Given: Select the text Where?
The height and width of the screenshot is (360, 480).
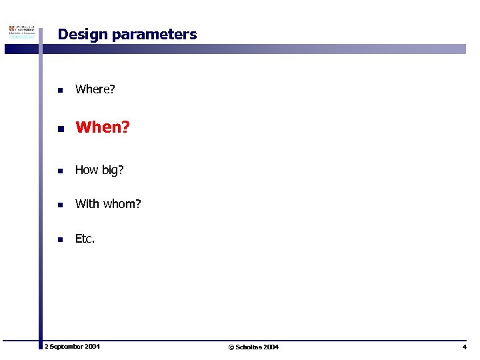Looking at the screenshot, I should (95, 89).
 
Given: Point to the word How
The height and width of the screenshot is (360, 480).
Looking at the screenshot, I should (87, 170).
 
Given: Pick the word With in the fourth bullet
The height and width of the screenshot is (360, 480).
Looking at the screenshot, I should (87, 204).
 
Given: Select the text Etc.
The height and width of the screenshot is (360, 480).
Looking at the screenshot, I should (85, 239).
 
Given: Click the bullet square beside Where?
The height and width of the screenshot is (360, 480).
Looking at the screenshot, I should (59, 90).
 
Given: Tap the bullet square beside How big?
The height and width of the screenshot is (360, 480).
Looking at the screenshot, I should (59, 171).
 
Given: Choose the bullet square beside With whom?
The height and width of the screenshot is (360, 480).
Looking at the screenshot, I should (59, 205).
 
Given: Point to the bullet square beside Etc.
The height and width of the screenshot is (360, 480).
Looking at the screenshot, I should (59, 239).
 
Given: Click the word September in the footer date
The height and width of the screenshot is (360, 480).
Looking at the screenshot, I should (66, 347).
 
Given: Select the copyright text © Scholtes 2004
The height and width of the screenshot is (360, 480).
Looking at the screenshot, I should (253, 347).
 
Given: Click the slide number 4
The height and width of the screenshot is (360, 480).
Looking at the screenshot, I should (464, 347).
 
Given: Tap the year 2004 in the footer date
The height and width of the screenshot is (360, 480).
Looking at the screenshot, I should (92, 347).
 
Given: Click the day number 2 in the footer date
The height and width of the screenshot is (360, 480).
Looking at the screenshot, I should (46, 347).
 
